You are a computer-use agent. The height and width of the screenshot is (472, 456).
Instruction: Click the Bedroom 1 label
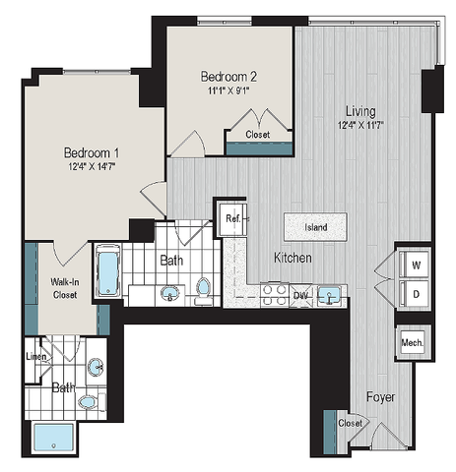(92, 152)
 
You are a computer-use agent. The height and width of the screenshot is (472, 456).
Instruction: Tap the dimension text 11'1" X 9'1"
(230, 92)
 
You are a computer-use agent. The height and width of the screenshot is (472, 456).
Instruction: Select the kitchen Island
(315, 227)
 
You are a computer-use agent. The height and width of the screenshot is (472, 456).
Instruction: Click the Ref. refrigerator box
(232, 218)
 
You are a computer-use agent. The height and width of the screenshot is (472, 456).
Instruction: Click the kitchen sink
(329, 294)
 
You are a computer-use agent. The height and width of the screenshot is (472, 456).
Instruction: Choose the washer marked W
(414, 265)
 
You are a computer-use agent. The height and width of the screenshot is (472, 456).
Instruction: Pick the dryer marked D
(414, 294)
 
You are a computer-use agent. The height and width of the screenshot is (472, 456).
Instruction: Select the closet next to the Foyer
(348, 423)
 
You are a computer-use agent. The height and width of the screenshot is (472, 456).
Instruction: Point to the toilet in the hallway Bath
(204, 289)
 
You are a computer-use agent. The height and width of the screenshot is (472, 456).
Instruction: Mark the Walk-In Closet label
(65, 287)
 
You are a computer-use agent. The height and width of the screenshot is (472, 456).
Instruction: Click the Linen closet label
(35, 355)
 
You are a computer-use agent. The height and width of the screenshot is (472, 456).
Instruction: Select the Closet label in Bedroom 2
(258, 134)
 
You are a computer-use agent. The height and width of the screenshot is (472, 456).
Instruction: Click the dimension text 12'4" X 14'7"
(92, 169)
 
